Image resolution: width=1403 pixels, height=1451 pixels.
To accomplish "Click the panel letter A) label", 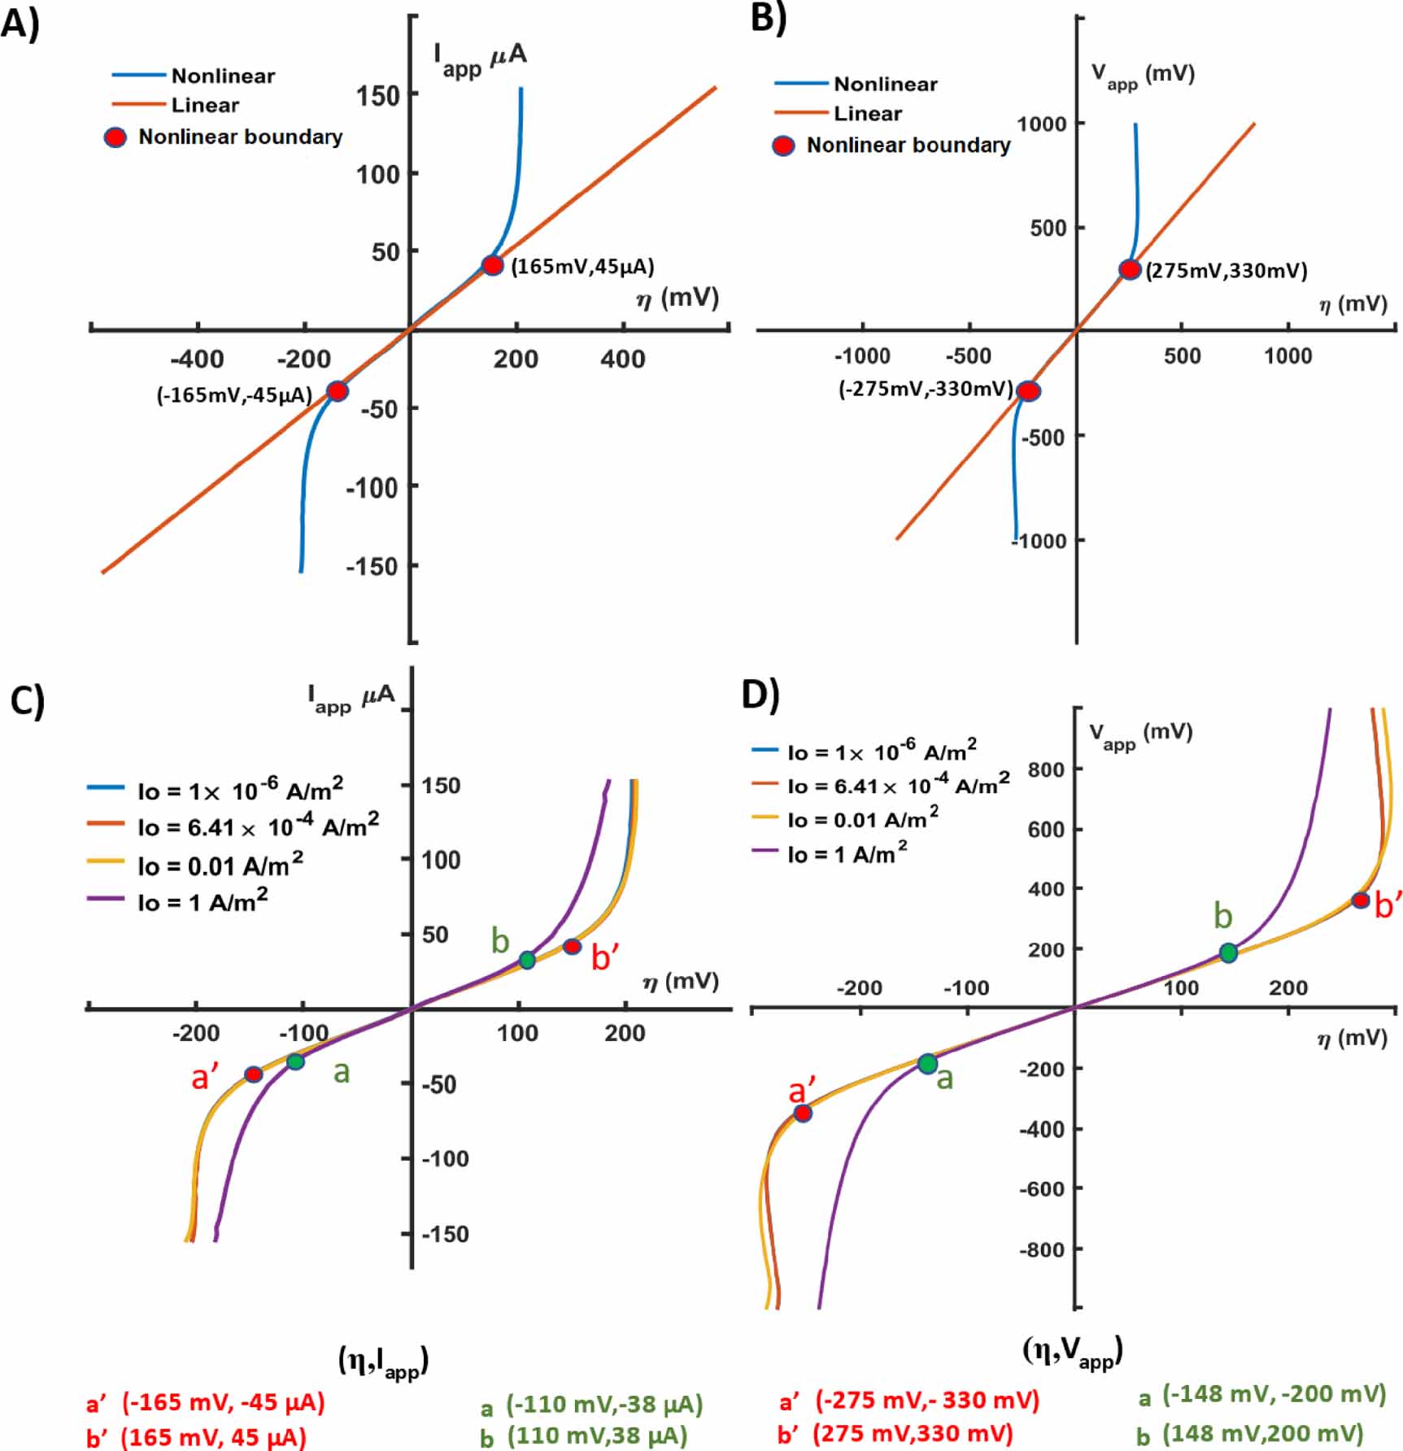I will point(20,23).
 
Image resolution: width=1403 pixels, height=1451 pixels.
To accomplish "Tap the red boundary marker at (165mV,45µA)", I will point(492,265).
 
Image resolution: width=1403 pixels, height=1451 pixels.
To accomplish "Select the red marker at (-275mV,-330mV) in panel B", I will point(1029,391).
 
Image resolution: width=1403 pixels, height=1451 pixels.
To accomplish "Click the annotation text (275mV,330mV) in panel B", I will point(1226,271).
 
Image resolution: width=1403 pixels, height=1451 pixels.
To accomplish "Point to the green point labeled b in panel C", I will point(527,960).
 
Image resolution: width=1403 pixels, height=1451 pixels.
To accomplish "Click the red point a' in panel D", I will point(803,1113).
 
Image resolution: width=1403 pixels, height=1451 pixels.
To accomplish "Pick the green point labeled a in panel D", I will point(927,1063).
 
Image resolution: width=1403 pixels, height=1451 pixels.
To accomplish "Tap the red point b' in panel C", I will point(572,946).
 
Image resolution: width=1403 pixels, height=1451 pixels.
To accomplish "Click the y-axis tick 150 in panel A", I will point(378,95).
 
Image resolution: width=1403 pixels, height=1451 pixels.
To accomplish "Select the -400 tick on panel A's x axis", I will point(197,359).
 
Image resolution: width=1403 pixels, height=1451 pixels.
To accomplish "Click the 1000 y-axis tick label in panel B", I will point(1041,124).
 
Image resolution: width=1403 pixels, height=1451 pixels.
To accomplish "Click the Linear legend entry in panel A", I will point(204,105).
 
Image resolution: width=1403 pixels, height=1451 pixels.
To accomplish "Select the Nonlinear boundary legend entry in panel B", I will point(908,145).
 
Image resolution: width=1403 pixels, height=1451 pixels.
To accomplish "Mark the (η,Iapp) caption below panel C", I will point(383,1360).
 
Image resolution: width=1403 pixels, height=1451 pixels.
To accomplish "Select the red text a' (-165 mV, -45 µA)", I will point(206,1402).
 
